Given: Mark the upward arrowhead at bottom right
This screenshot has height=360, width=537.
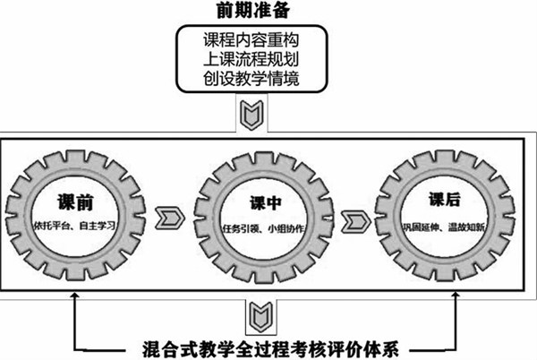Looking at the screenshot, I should coord(457,302).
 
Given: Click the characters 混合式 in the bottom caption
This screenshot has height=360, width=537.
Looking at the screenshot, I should coord(171,347).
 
